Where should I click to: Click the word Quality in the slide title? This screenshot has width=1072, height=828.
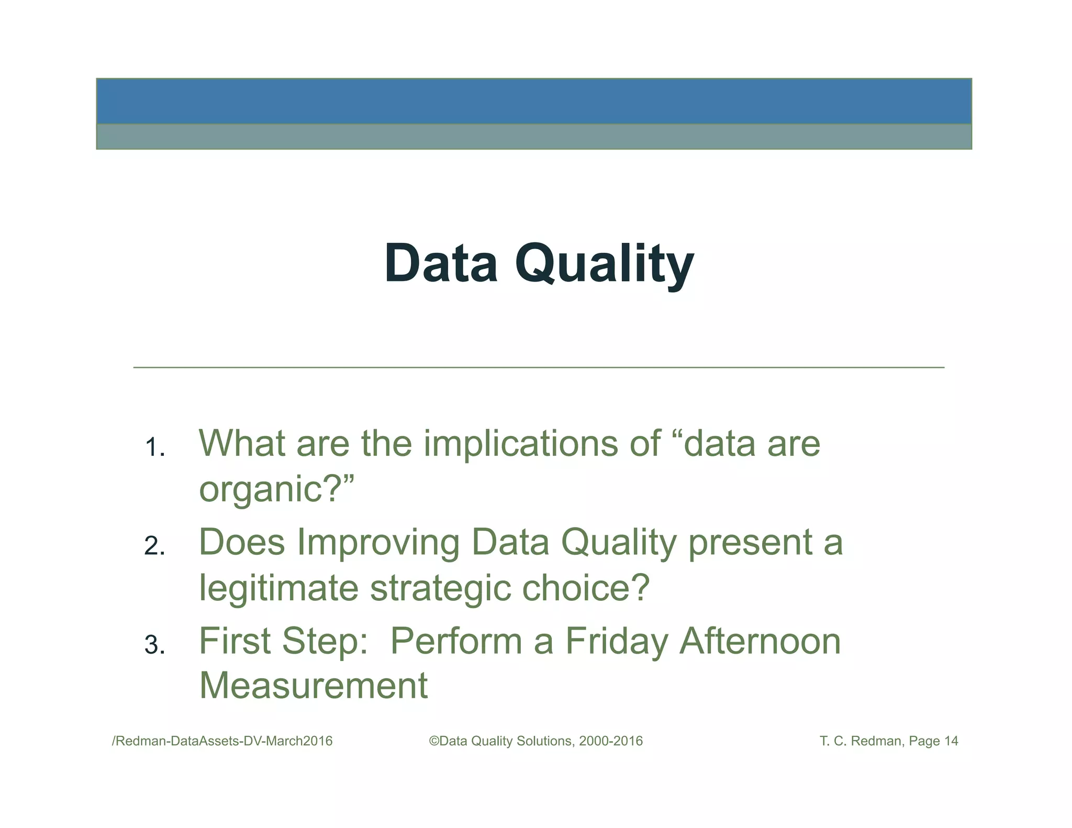tap(604, 264)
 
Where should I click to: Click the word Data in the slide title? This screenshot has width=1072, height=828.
tap(441, 264)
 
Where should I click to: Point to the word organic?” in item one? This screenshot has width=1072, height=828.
tap(276, 489)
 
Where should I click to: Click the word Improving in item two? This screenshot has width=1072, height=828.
tap(378, 542)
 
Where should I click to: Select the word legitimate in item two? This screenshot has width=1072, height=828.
tap(278, 588)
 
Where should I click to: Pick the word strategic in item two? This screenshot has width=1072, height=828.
tap(440, 588)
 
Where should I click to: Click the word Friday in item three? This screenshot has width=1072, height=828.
tap(617, 641)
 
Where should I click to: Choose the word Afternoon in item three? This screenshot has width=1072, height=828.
tap(760, 641)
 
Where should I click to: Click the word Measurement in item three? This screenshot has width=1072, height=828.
tap(314, 686)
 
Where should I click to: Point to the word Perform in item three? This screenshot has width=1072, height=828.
tap(456, 641)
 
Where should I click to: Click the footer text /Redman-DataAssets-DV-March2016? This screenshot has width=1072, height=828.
tap(222, 741)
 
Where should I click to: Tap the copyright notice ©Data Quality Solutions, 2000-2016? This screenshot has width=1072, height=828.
tap(535, 741)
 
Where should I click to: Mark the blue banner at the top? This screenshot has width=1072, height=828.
tap(534, 102)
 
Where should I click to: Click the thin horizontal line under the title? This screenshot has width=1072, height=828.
tap(539, 368)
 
